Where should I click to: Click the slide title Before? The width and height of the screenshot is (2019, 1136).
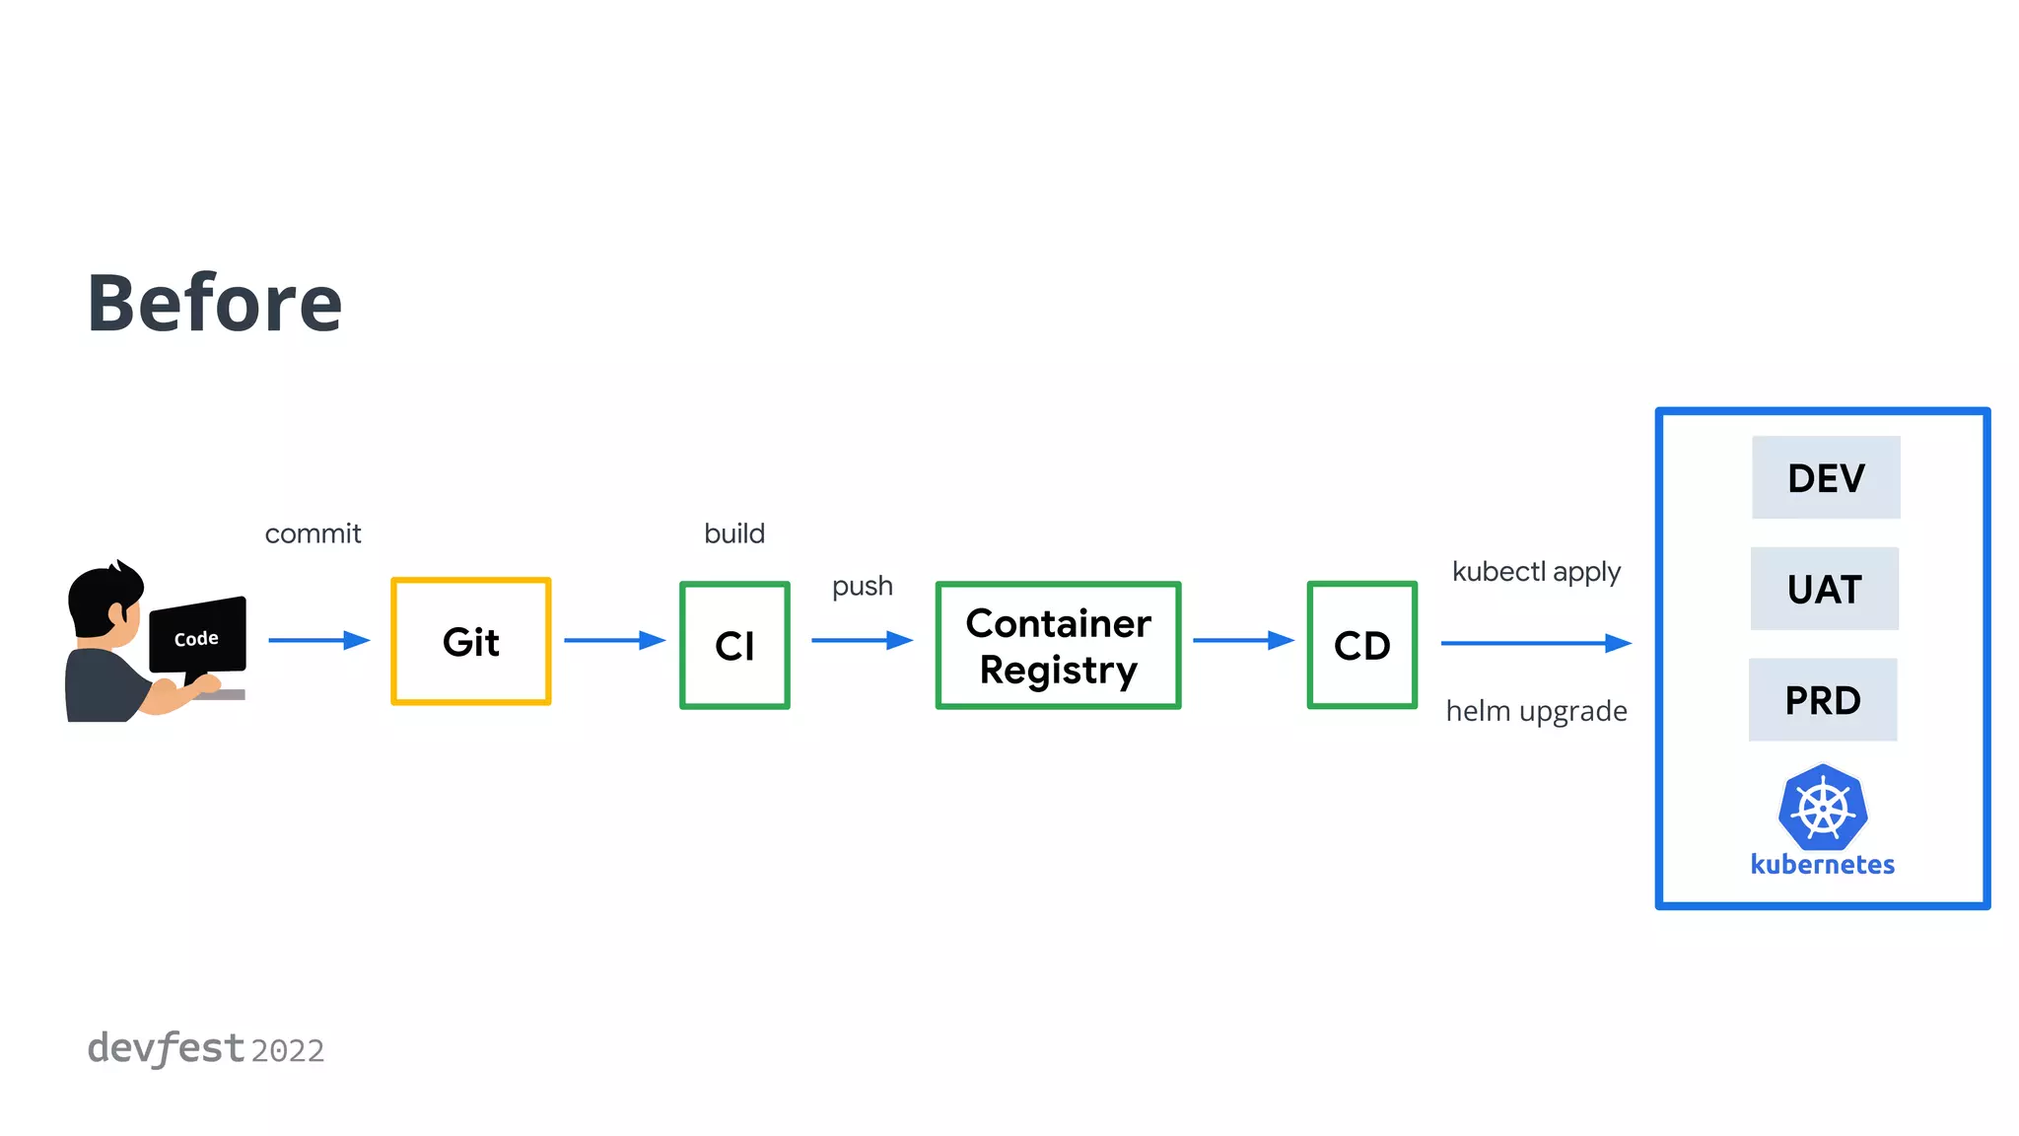[x=214, y=303]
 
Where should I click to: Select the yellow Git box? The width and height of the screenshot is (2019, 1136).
[x=471, y=642]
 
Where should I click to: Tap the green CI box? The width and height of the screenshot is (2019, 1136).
[x=734, y=645]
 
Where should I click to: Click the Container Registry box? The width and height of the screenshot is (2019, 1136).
[x=1058, y=645]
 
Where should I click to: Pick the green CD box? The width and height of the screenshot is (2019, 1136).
[x=1361, y=645]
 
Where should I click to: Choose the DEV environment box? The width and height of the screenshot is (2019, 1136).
[x=1826, y=478]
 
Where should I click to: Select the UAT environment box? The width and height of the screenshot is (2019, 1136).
[x=1824, y=589]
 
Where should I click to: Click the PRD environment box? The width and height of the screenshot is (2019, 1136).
[x=1823, y=700]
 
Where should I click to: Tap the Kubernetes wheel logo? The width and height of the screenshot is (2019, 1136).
[x=1823, y=807]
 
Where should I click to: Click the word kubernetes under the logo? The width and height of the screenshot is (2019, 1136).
[x=1822, y=865]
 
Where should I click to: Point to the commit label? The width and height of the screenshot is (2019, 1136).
[x=313, y=533]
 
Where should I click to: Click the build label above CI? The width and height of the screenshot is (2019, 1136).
[x=734, y=533]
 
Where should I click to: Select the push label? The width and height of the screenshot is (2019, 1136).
[x=862, y=586]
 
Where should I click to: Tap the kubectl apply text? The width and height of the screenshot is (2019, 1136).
[x=1536, y=572]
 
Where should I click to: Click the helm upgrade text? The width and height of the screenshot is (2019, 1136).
[x=1536, y=711]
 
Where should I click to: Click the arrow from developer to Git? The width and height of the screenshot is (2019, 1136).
[x=318, y=641]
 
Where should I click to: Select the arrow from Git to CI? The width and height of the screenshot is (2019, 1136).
[x=614, y=641]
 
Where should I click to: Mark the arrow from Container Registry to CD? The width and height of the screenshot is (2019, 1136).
[x=1243, y=641]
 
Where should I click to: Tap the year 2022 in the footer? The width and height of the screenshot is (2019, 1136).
[x=287, y=1051]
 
